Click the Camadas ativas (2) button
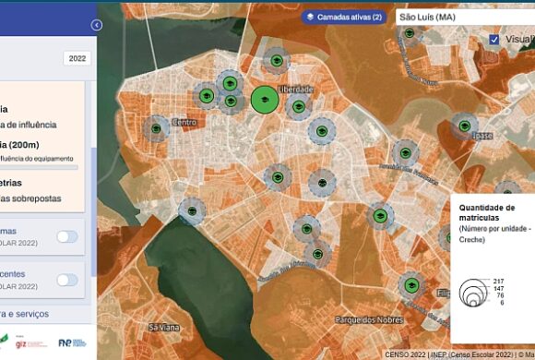(x=342, y=17)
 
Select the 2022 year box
(x=77, y=58)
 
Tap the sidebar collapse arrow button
(x=96, y=26)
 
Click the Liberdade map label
(x=296, y=90)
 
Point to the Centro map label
(x=185, y=122)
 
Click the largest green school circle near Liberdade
(x=264, y=100)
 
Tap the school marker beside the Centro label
(x=158, y=128)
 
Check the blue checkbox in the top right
(x=494, y=40)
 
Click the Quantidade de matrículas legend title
(x=485, y=213)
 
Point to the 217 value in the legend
(x=498, y=281)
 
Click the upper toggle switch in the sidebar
(x=67, y=236)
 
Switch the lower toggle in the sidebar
(x=67, y=280)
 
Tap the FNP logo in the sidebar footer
(x=71, y=342)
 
